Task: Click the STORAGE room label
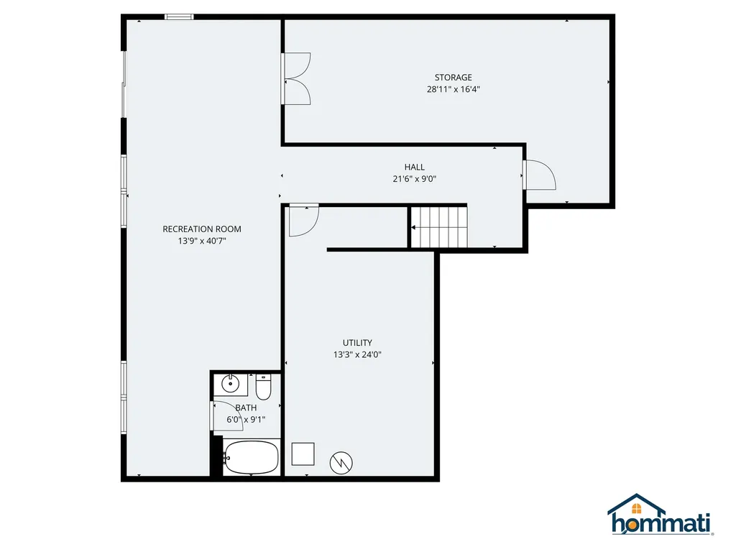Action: (x=453, y=77)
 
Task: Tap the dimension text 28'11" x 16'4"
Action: (x=453, y=90)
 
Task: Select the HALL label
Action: (x=414, y=167)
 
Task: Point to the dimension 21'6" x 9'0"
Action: (x=414, y=180)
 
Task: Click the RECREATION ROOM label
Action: (x=202, y=229)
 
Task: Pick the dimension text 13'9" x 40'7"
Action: (x=202, y=241)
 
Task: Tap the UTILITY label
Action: (x=357, y=343)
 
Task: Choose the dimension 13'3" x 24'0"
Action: (x=357, y=354)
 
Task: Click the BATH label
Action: (x=245, y=408)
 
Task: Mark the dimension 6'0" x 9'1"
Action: (x=246, y=420)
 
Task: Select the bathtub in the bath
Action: (x=251, y=457)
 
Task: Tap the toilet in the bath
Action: (x=263, y=388)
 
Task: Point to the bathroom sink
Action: (x=231, y=384)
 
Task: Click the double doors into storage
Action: (x=296, y=78)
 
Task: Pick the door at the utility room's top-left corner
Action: (x=303, y=221)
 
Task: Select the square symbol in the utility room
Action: (x=303, y=454)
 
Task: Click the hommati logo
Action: (x=661, y=516)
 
